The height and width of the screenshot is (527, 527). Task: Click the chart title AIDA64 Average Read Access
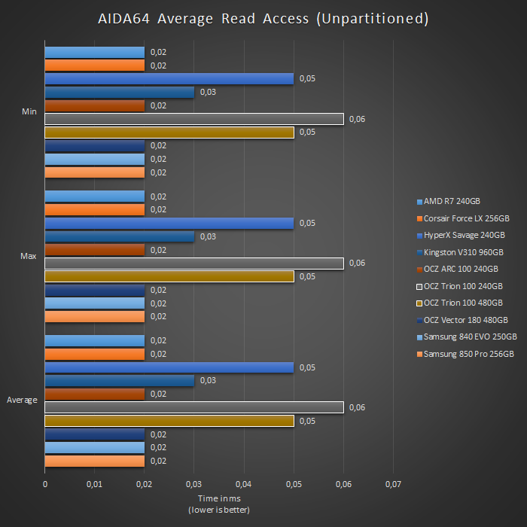[263, 19]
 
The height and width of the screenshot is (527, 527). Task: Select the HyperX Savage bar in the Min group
[169, 78]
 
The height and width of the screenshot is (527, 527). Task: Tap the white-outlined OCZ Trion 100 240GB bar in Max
[194, 263]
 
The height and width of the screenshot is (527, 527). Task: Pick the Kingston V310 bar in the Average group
[119, 381]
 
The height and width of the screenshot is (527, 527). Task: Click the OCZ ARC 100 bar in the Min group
[94, 105]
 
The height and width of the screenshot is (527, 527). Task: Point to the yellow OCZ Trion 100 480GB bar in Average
[169, 421]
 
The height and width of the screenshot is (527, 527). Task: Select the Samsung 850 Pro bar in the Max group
[94, 316]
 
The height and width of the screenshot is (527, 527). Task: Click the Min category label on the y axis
[29, 112]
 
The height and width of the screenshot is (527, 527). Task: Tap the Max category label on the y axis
[29, 257]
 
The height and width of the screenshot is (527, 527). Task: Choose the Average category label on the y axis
[22, 401]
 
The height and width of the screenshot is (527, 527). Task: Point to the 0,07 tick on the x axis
[392, 483]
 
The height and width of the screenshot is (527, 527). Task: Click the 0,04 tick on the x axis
[243, 483]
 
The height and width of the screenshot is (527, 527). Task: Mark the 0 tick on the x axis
[45, 483]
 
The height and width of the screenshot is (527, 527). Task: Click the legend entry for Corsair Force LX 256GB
[466, 218]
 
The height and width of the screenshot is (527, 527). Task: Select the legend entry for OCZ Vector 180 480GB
[465, 320]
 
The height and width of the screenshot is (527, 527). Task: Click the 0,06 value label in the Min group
[358, 119]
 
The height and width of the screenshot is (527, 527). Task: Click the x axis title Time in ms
[218, 499]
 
